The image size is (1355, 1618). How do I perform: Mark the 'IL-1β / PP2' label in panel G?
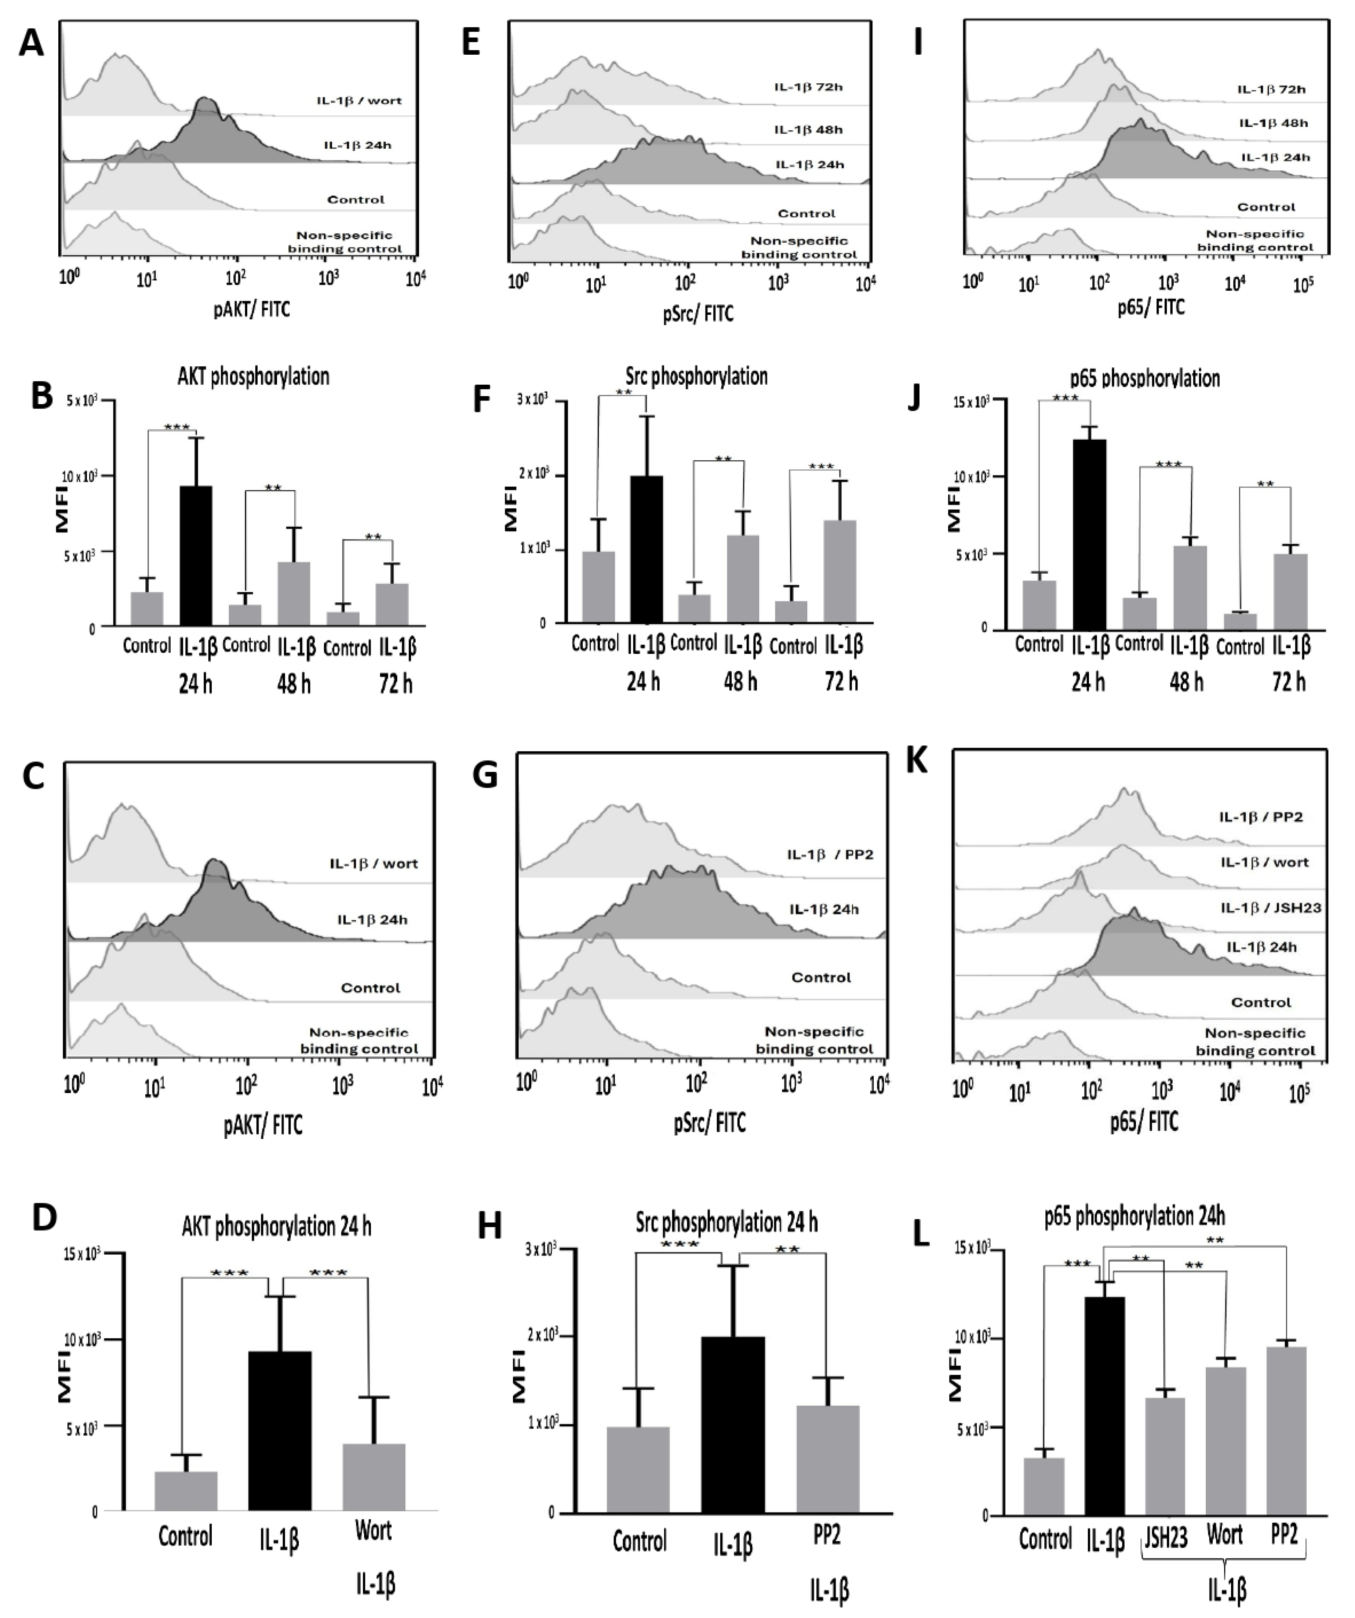[x=830, y=855]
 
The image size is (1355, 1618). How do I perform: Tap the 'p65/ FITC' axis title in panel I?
[x=1151, y=308]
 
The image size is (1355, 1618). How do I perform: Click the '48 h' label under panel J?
[x=1187, y=682]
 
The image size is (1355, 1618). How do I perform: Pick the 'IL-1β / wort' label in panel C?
[x=374, y=864]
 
